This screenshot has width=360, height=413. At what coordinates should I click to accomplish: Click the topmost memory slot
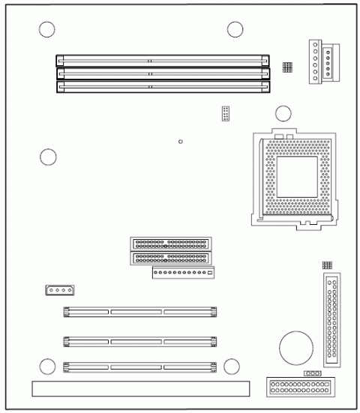(x=163, y=56)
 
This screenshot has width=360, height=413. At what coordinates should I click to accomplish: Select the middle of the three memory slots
(x=163, y=72)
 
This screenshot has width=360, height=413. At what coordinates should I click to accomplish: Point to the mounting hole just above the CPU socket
(x=283, y=114)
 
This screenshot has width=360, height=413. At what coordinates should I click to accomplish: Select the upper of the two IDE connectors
(x=170, y=244)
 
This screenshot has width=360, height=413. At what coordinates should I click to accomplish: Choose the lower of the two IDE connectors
(x=170, y=259)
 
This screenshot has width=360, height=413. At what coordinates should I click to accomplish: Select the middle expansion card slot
(x=140, y=341)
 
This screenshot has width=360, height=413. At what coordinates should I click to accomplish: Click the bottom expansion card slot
(x=140, y=367)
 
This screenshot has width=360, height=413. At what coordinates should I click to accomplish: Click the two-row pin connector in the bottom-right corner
(x=298, y=388)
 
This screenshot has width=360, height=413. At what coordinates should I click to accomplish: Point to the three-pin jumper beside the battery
(x=312, y=372)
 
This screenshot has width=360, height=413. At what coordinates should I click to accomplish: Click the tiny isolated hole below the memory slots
(x=181, y=140)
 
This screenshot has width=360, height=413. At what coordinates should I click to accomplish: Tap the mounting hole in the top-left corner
(x=47, y=30)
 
